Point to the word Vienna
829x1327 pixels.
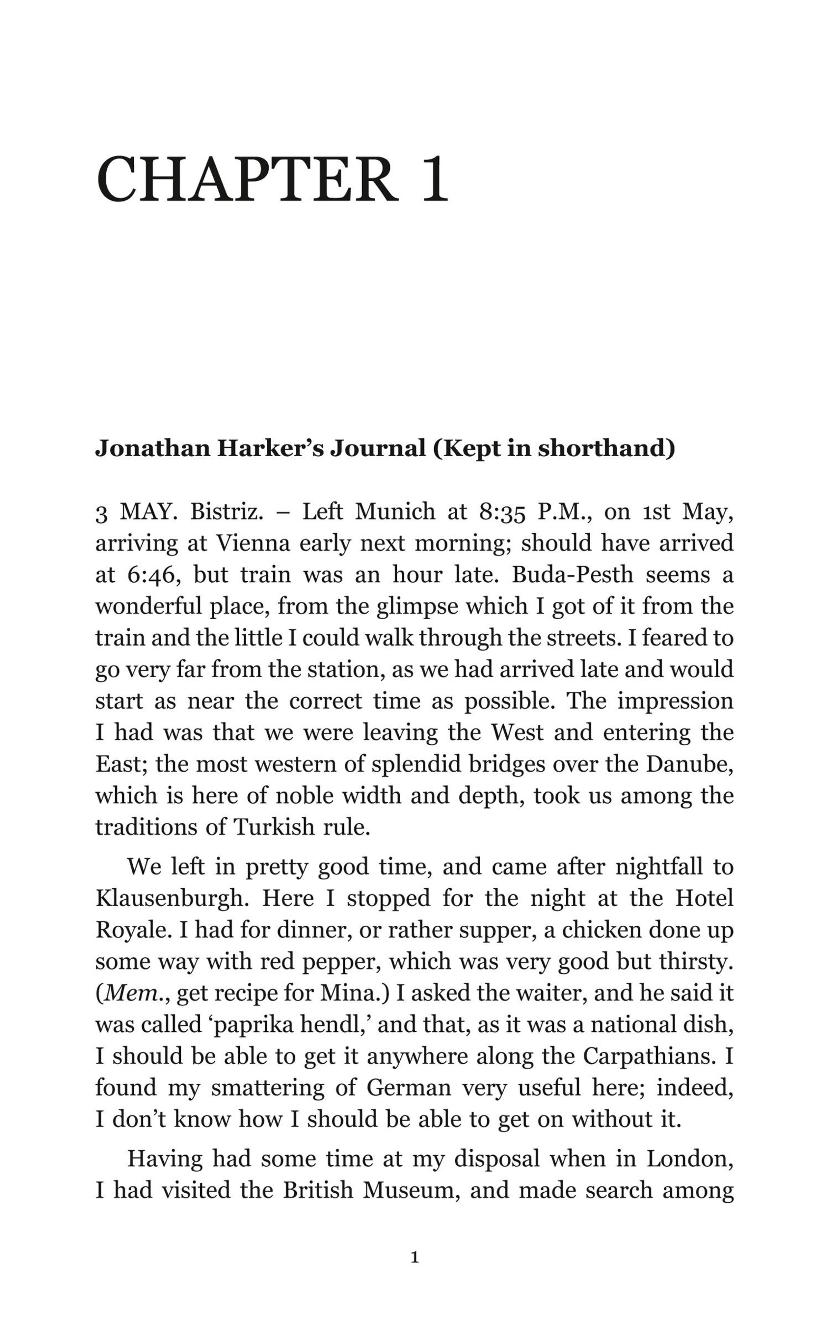coord(253,543)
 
